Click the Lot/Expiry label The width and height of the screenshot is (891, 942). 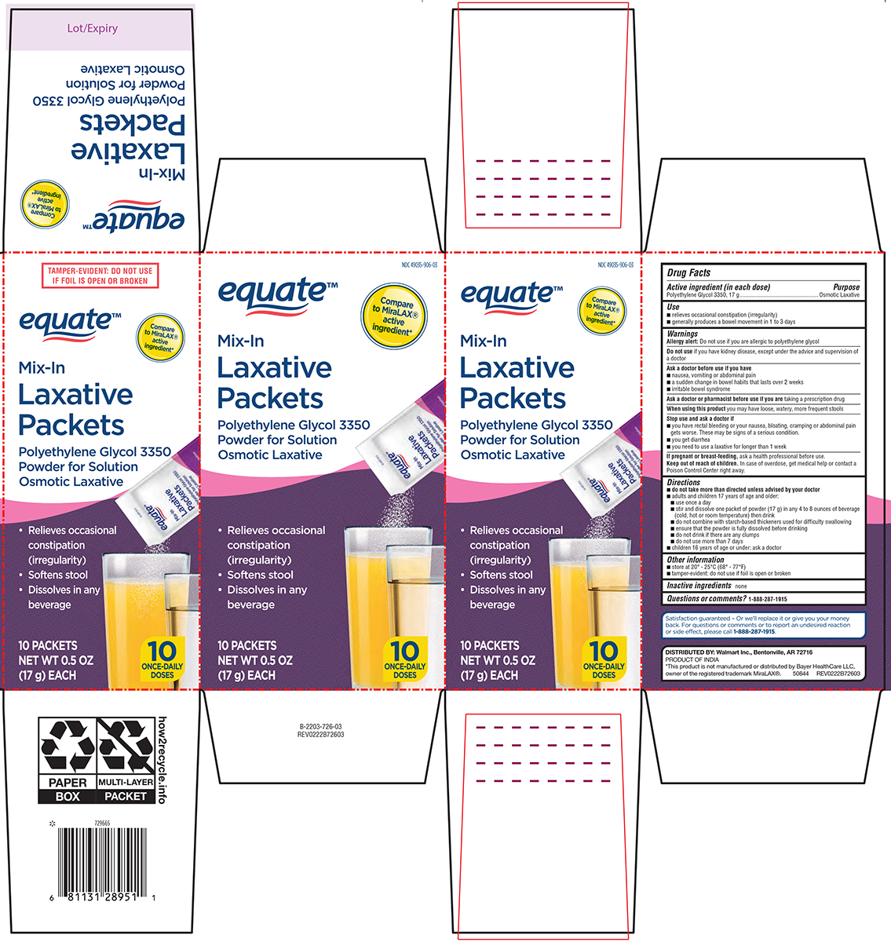pyautogui.click(x=93, y=28)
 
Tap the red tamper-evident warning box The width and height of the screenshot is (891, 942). pyautogui.click(x=100, y=276)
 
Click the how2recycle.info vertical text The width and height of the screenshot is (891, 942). pyautogui.click(x=162, y=759)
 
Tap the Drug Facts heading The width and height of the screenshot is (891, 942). pyautogui.click(x=688, y=272)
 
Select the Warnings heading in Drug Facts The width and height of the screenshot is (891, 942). pyautogui.click(x=682, y=334)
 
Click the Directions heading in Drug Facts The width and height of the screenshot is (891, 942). pyautogui.click(x=684, y=482)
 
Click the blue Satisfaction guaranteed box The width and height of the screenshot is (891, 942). pyautogui.click(x=764, y=625)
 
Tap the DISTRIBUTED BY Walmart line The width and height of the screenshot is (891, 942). pyautogui.click(x=739, y=652)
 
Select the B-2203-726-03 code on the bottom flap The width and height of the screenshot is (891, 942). pyautogui.click(x=320, y=728)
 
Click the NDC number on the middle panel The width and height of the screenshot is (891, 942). pyautogui.click(x=419, y=265)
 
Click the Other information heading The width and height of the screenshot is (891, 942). pyautogui.click(x=696, y=560)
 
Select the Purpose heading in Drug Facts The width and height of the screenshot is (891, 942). pyautogui.click(x=846, y=287)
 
